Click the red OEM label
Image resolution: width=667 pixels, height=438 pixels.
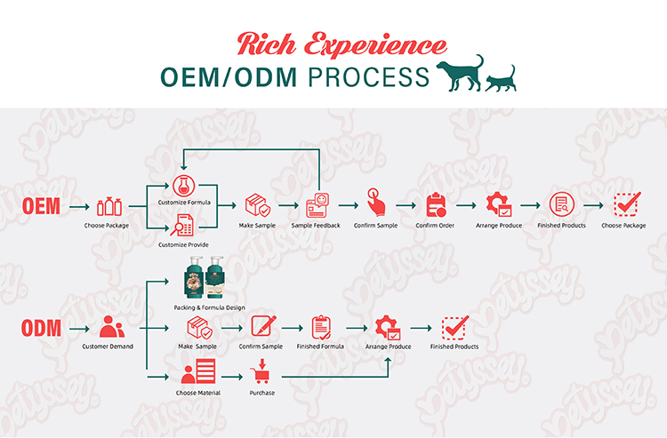[x=42, y=207]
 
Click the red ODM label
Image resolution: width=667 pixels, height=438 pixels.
[x=42, y=328]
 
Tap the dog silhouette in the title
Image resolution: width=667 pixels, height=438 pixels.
[x=462, y=73]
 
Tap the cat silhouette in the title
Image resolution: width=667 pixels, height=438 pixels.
[x=501, y=79]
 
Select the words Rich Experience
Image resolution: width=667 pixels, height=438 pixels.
[x=342, y=43]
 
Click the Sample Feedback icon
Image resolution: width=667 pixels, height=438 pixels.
[x=317, y=205]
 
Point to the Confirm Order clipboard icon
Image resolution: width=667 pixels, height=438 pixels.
[x=436, y=205]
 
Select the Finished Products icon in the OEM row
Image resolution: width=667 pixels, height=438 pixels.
[x=561, y=205]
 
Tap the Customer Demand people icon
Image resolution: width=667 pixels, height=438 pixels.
[x=108, y=327]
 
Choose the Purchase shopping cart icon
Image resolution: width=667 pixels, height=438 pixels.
[x=261, y=370]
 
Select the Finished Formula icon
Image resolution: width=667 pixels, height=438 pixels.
[x=320, y=327]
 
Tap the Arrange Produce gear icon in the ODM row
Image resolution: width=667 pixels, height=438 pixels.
[x=388, y=327]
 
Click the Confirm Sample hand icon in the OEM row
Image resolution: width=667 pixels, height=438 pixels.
[x=374, y=205]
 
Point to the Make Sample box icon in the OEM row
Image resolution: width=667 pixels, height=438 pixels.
[x=257, y=205]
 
